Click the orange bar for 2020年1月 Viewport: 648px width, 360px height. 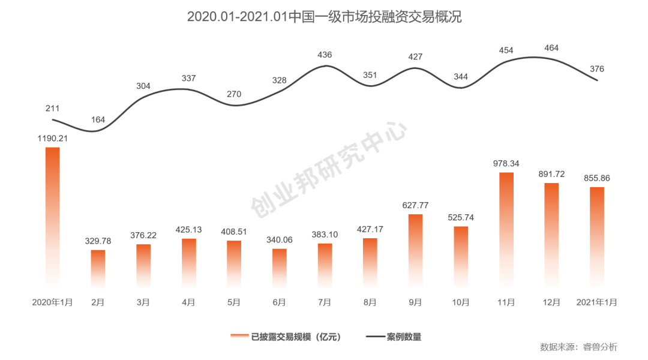click(x=53, y=216)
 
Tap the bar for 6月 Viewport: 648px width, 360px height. click(x=280, y=268)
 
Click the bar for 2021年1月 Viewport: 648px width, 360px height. click(x=597, y=237)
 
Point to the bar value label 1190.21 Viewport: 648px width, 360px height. click(x=52, y=138)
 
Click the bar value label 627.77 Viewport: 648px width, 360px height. click(x=415, y=205)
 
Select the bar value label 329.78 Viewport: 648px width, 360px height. click(x=98, y=241)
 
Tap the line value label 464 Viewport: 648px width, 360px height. click(x=551, y=47)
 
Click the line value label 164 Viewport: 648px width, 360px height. click(x=98, y=119)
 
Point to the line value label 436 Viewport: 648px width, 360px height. click(x=325, y=55)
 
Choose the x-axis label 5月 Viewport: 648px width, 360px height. click(x=234, y=303)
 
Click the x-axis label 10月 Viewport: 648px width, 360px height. click(x=460, y=303)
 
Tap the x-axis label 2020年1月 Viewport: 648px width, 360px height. click(x=53, y=303)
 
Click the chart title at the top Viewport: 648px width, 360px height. click(x=324, y=16)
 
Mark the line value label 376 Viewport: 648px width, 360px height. click(x=597, y=69)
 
